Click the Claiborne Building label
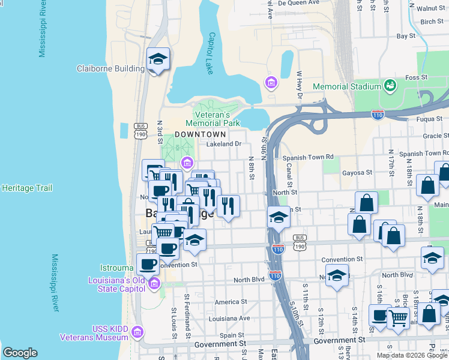pos(110,68)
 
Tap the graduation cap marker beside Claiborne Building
pos(158,59)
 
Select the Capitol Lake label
pos(211,45)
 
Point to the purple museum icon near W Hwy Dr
pos(271,82)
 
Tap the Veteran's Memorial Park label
pos(217,119)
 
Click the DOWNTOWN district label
pos(200,134)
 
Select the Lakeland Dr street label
pos(223,144)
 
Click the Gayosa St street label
pos(357,172)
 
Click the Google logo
pos(20,353)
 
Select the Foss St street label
pos(415,77)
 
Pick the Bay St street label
pos(406,36)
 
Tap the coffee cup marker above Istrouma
pos(148,263)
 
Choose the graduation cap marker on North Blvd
pos(337,275)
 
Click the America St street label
pos(231,302)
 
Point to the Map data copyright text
pos(412,355)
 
